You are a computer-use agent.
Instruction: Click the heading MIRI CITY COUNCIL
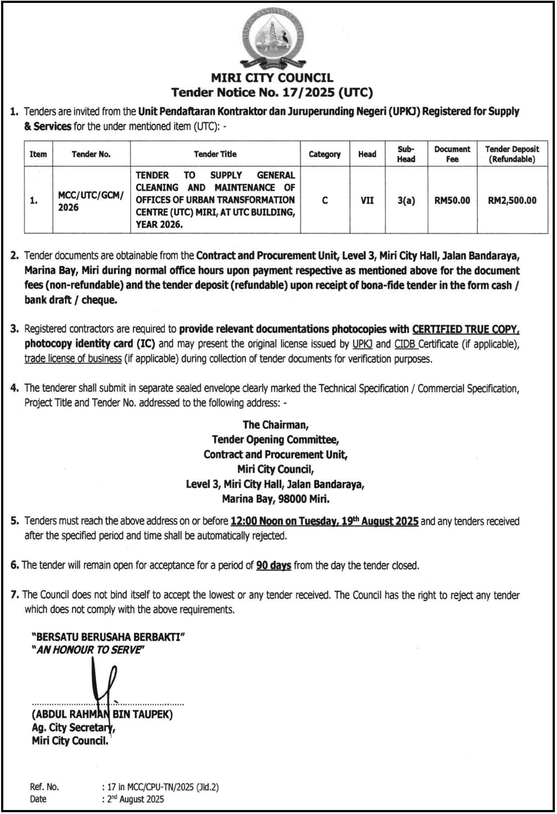[x=272, y=78]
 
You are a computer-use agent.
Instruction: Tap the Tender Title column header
[x=215, y=154]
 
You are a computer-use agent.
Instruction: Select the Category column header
[x=324, y=154]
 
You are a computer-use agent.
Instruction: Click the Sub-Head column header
[x=406, y=154]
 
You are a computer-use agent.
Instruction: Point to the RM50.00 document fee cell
[x=452, y=200]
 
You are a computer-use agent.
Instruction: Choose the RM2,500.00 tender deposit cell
[x=512, y=200]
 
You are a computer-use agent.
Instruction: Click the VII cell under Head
[x=367, y=200]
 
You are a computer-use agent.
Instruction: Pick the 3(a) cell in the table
[x=406, y=200]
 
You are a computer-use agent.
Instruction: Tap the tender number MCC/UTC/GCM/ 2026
[x=91, y=201]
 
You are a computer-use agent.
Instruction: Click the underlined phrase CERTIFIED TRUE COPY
[x=466, y=329]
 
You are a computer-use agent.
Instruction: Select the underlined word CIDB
[x=406, y=344]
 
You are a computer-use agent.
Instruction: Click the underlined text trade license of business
[x=73, y=359]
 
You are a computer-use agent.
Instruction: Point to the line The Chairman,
[x=275, y=425]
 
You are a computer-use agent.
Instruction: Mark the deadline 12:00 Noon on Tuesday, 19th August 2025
[x=324, y=521]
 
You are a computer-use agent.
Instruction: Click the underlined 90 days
[x=274, y=566]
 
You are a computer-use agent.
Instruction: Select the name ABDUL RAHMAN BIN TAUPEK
[x=102, y=714]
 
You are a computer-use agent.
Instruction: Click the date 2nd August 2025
[x=135, y=799]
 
